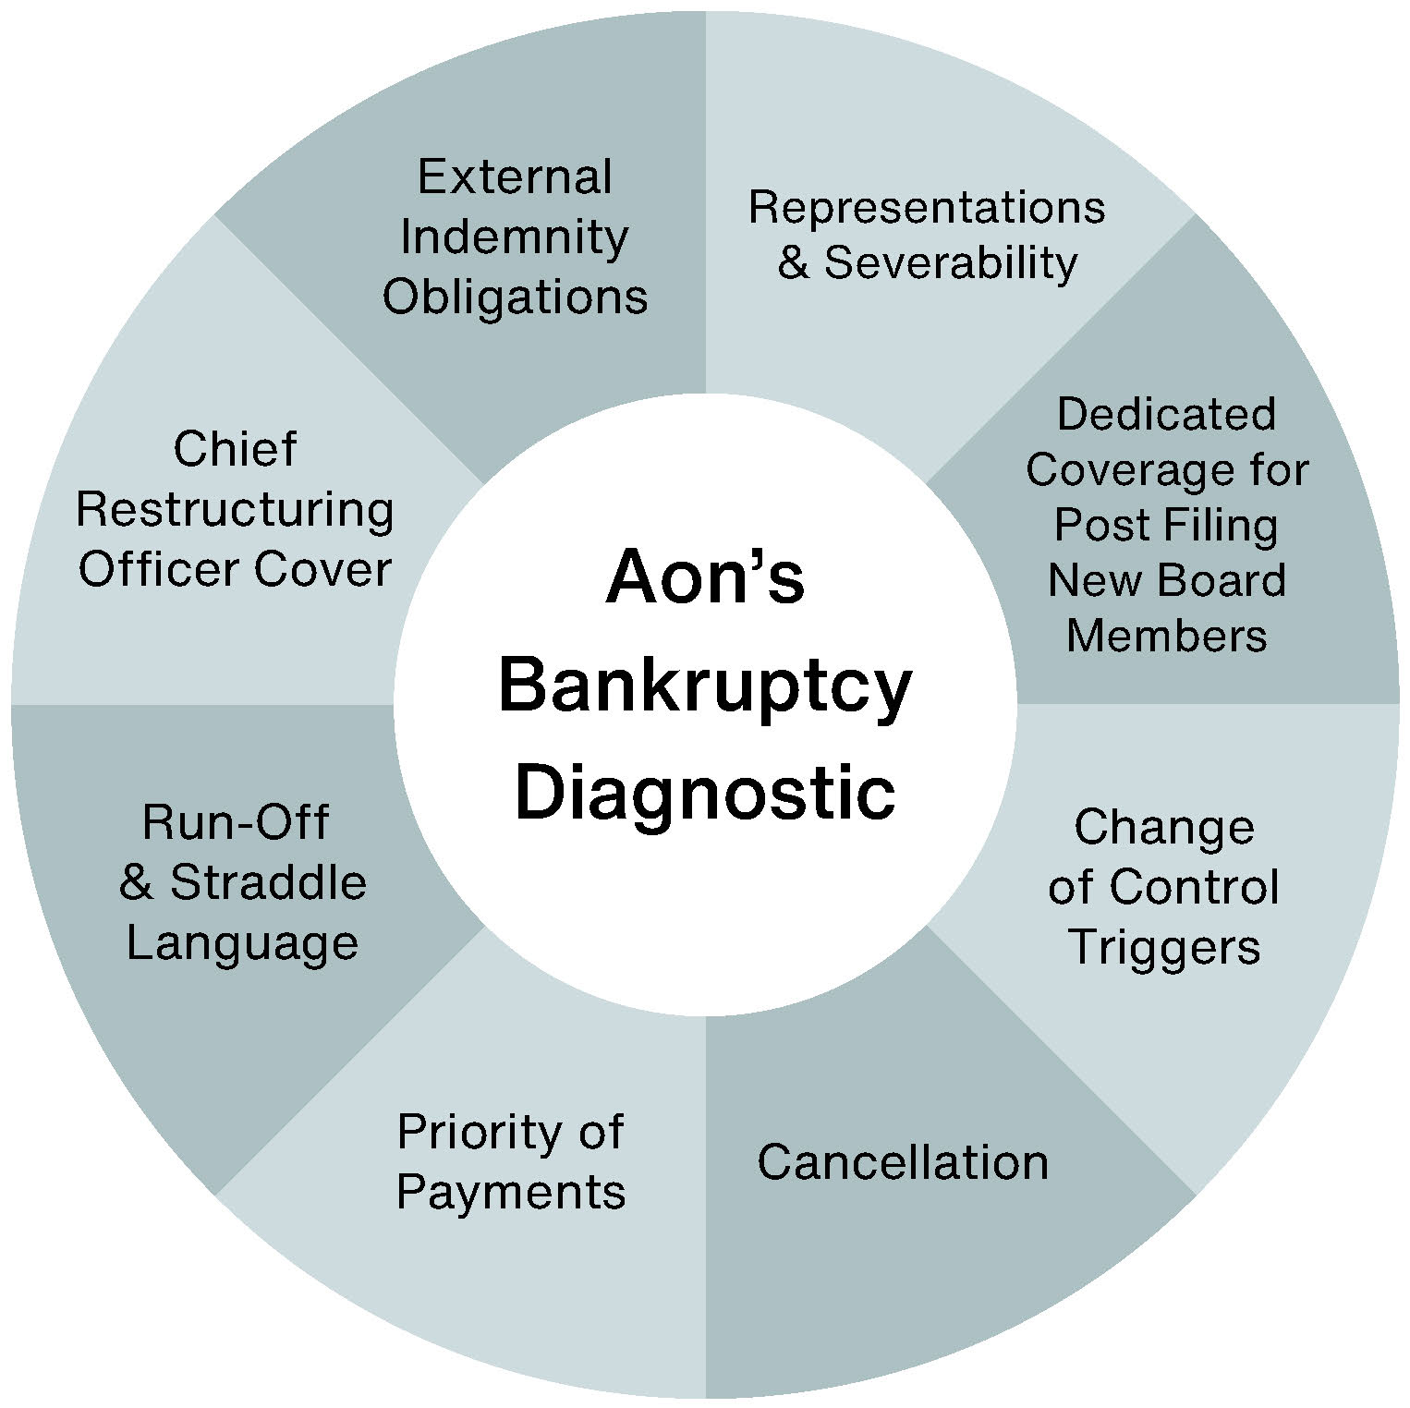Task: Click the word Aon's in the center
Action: pos(705,577)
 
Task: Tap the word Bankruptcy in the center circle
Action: pos(705,688)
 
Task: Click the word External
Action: pos(515,176)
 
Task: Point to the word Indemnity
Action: pos(515,237)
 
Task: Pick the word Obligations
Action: pos(515,297)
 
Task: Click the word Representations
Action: pos(927,207)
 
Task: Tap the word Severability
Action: pos(951,262)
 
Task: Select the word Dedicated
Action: pos(1166,414)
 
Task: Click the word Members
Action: pos(1166,636)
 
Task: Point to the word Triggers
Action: pos(1164,947)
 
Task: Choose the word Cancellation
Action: pos(903,1161)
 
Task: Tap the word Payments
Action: pos(511,1192)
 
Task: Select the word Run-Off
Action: pos(236,822)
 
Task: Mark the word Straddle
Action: pos(268,882)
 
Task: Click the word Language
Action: pos(242,944)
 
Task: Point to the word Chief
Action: pos(235,450)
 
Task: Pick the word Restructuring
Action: pos(235,510)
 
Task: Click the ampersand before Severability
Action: pos(794,263)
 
